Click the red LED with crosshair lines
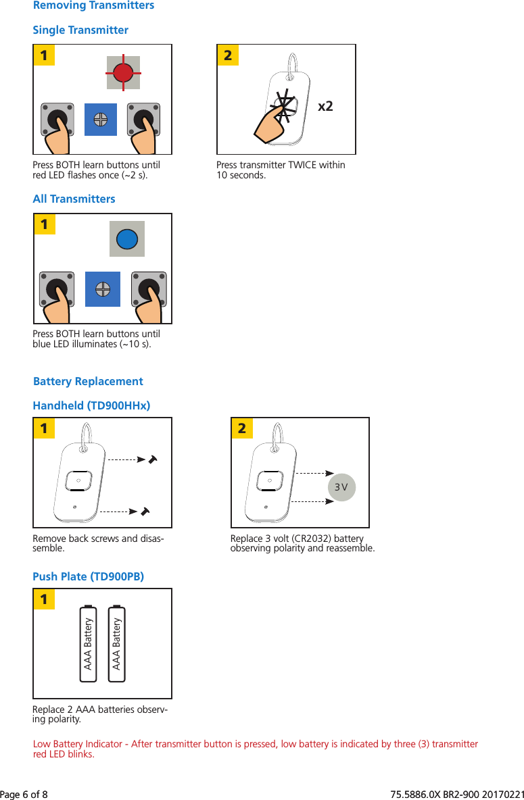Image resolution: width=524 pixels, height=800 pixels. click(x=123, y=72)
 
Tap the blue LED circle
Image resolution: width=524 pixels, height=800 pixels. click(x=127, y=239)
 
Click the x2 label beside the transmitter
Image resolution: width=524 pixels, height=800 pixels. click(x=325, y=107)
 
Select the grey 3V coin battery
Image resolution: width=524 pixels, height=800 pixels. click(x=341, y=487)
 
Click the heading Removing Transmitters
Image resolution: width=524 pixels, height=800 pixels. click(x=93, y=5)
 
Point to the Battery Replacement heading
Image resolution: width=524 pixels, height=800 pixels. click(x=88, y=381)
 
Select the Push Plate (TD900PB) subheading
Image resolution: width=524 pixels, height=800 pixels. click(x=88, y=576)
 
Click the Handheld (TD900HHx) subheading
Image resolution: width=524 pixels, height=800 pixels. click(x=91, y=405)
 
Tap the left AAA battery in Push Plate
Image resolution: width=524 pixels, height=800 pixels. click(x=89, y=643)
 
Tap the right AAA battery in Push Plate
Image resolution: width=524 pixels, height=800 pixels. click(x=117, y=643)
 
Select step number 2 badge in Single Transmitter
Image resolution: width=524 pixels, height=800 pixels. click(x=228, y=55)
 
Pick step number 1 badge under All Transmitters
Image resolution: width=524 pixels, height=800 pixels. click(x=44, y=224)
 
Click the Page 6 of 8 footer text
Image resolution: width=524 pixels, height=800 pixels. click(x=24, y=792)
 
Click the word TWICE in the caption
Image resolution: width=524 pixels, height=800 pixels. click(x=295, y=166)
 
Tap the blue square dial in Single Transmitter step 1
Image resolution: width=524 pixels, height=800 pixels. click(x=101, y=120)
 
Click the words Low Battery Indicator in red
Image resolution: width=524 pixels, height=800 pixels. click(x=78, y=744)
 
